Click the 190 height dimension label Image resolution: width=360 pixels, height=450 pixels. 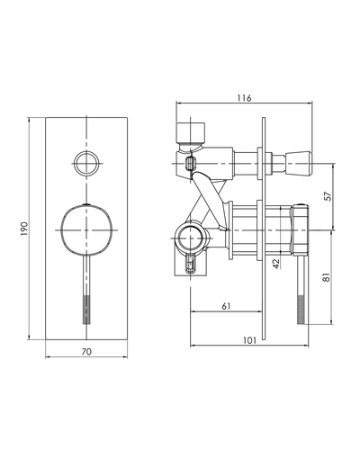[x=24, y=229]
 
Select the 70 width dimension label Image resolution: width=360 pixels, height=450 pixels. [x=86, y=352]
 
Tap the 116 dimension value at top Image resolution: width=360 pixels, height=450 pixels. [x=244, y=98]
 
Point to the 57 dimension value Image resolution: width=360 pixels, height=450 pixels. [x=328, y=196]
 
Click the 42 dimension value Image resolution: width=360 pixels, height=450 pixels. [x=276, y=264]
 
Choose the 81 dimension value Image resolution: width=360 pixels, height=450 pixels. [x=327, y=277]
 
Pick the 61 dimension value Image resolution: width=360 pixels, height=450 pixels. [x=226, y=306]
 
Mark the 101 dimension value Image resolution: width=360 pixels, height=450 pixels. [x=249, y=340]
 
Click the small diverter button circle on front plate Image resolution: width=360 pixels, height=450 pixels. [x=86, y=164]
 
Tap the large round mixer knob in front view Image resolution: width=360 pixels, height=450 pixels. [x=86, y=230]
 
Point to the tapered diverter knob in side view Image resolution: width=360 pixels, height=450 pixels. [x=299, y=164]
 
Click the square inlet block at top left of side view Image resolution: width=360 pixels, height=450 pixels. [x=191, y=132]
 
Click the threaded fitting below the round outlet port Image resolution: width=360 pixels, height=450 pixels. [x=191, y=263]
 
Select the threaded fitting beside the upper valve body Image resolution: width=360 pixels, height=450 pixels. [x=190, y=165]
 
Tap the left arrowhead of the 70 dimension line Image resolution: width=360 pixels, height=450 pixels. [x=46, y=357]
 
